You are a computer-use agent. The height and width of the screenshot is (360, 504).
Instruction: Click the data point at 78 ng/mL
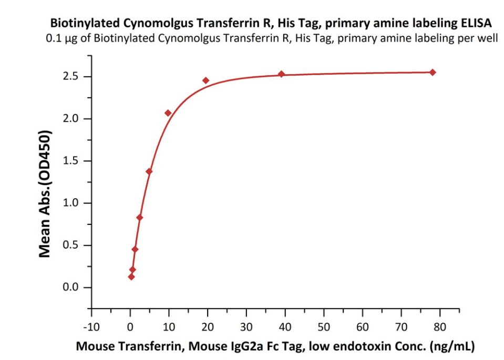(x=433, y=72)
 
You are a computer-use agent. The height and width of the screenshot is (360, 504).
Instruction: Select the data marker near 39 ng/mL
(x=282, y=74)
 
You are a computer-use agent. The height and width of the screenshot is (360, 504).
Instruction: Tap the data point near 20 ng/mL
(x=206, y=80)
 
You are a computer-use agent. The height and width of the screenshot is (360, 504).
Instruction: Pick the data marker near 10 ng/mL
(x=168, y=113)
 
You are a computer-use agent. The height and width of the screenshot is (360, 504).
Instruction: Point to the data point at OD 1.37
(x=149, y=171)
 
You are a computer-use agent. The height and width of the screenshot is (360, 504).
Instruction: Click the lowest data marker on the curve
(x=131, y=276)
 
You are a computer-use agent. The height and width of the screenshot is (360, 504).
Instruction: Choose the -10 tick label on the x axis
(x=91, y=326)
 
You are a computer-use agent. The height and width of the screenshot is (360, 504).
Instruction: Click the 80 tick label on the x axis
(x=440, y=326)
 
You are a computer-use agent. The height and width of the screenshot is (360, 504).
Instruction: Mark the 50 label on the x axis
(x=324, y=326)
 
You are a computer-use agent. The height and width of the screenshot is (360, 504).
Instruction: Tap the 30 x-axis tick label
(x=246, y=326)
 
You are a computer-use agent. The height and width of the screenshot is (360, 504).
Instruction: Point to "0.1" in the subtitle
(x=53, y=38)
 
